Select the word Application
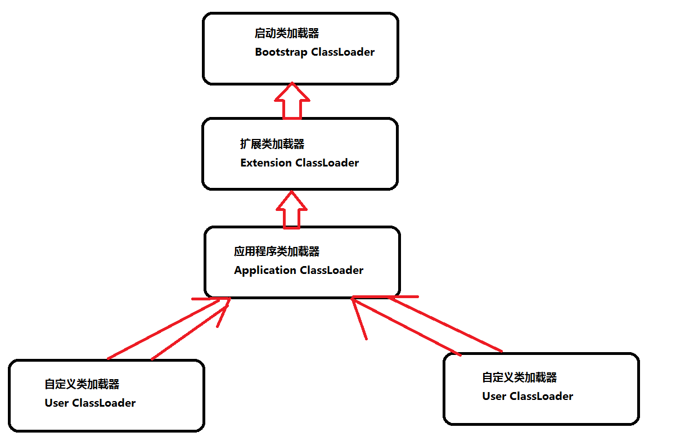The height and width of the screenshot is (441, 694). tap(265, 271)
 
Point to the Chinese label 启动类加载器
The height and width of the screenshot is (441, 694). tap(287, 34)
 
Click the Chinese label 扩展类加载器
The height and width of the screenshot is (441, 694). tap(272, 145)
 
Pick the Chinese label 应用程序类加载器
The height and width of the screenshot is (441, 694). tap(277, 251)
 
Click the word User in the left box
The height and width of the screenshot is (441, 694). tap(57, 403)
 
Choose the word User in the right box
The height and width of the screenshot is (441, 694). tap(494, 396)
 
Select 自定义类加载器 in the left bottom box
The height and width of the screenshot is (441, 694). tap(82, 385)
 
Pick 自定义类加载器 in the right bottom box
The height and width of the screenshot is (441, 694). tap(520, 377)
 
